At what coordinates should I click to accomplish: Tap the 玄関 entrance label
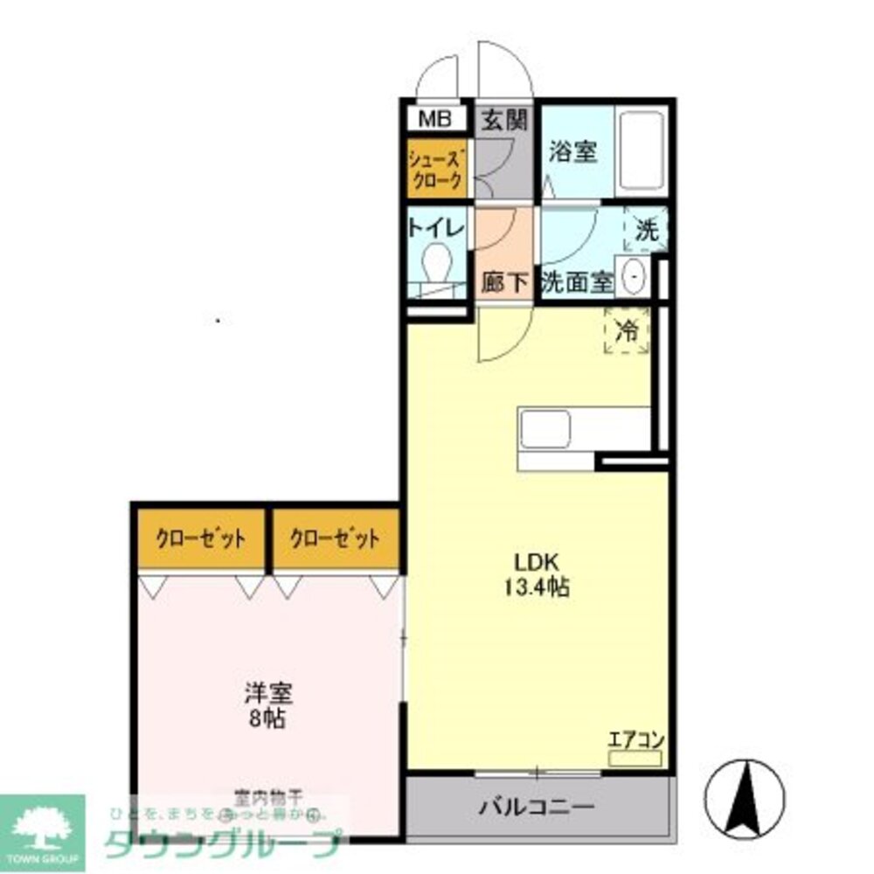click(x=504, y=121)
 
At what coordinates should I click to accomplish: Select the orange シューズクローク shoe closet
click(x=437, y=169)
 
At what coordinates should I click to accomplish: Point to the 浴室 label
click(x=572, y=151)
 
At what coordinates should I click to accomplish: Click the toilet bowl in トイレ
click(x=434, y=260)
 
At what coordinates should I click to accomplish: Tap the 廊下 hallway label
click(x=504, y=282)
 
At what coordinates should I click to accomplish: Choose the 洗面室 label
click(x=577, y=281)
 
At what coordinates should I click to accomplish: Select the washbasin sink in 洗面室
click(x=633, y=276)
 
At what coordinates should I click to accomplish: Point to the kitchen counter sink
click(x=546, y=429)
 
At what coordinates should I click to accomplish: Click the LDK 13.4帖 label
click(x=536, y=574)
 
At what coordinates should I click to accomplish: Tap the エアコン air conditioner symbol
click(x=636, y=757)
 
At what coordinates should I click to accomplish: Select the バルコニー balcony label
click(x=536, y=806)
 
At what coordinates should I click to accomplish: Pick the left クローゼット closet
click(x=200, y=538)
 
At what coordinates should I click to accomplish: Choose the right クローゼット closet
click(x=336, y=538)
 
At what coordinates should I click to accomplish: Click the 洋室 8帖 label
click(x=267, y=706)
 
